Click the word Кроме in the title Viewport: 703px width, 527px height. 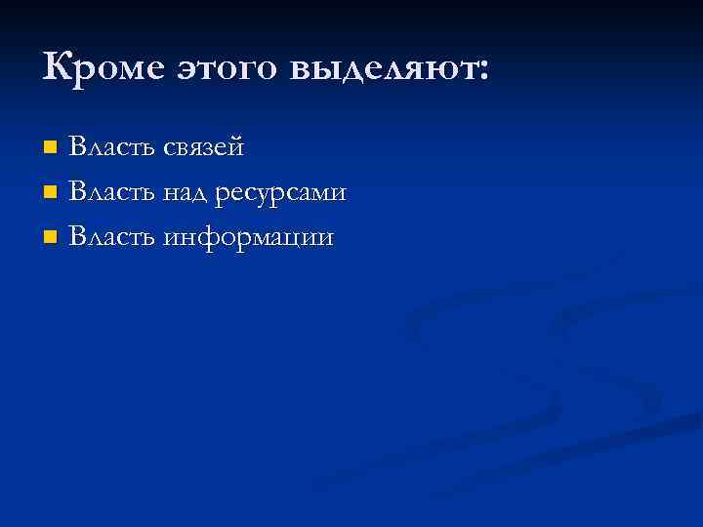104,68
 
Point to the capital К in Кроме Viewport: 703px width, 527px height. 58,67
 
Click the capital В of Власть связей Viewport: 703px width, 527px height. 78,147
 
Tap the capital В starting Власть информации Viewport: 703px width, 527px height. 78,237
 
